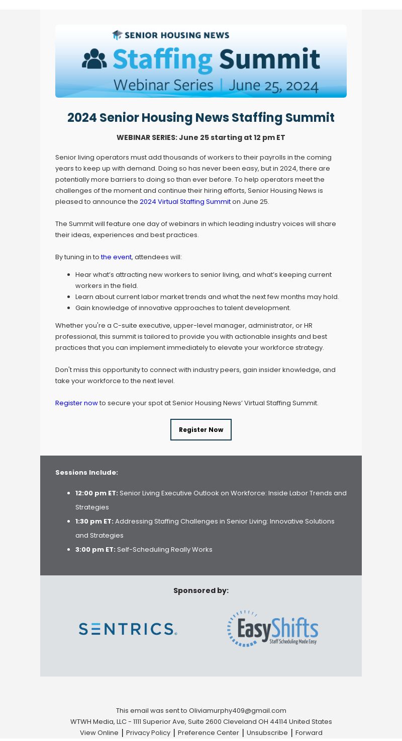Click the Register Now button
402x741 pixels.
(x=201, y=429)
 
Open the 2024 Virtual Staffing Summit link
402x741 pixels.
(x=185, y=202)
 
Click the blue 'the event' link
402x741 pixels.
(x=116, y=257)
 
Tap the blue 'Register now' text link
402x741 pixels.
(x=76, y=403)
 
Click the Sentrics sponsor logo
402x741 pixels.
(x=128, y=629)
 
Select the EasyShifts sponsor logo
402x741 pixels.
(x=272, y=628)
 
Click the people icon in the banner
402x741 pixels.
(x=94, y=59)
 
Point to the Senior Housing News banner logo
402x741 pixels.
(x=171, y=35)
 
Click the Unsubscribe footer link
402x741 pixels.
(x=267, y=733)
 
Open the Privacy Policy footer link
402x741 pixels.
(x=148, y=733)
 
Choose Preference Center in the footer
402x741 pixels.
(x=208, y=733)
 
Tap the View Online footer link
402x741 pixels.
(x=99, y=733)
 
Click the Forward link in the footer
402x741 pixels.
(x=309, y=733)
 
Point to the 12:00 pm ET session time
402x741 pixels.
(x=96, y=493)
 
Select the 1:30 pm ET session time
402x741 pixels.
(x=94, y=522)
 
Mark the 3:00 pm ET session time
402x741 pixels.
(x=95, y=550)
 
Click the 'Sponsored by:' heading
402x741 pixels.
(x=201, y=590)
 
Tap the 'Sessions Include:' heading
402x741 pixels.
(x=86, y=473)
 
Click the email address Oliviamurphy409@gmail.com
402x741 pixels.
(x=237, y=711)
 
